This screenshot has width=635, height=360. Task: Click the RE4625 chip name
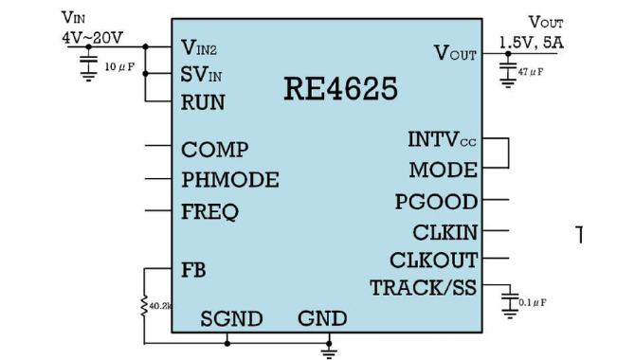(x=340, y=89)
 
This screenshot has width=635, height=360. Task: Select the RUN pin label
(x=203, y=102)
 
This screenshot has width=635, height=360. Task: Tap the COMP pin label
(x=214, y=150)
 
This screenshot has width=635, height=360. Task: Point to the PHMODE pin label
(x=230, y=180)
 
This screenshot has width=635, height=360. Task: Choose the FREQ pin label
(x=209, y=212)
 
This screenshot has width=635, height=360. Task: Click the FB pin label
(x=193, y=270)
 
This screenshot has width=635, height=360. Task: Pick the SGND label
(x=231, y=319)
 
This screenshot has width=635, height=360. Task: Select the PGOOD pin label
(x=436, y=202)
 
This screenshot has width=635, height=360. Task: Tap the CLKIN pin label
(x=445, y=232)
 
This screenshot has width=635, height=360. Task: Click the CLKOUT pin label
(x=434, y=261)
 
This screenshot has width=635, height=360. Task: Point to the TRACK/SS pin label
(x=424, y=288)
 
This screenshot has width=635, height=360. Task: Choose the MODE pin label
(x=443, y=171)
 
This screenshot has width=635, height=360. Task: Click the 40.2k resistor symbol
(x=144, y=306)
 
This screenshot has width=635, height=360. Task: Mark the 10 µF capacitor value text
(x=119, y=67)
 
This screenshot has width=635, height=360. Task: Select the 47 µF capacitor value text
(x=531, y=72)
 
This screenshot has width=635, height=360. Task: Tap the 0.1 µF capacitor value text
(x=533, y=303)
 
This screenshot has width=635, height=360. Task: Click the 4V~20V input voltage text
(x=92, y=38)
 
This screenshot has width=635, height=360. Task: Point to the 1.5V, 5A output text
(x=532, y=43)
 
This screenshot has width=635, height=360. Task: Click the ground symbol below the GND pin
(x=329, y=352)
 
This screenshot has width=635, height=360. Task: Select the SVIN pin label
(x=201, y=75)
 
